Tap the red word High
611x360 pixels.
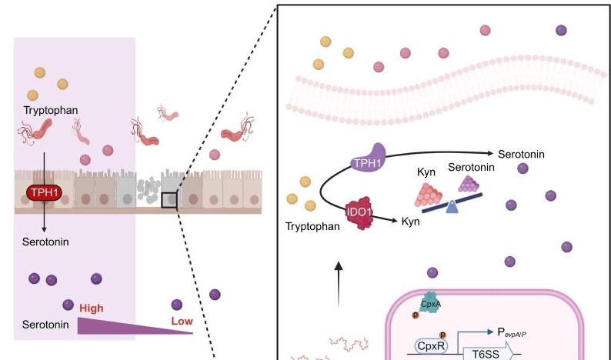(91, 308)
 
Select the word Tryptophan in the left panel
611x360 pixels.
(52, 111)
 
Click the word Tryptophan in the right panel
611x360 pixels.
(312, 228)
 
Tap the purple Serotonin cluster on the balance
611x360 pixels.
(469, 183)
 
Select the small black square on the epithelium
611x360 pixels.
(169, 201)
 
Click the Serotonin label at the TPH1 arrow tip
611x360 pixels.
(521, 154)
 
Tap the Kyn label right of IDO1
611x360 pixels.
(412, 222)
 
